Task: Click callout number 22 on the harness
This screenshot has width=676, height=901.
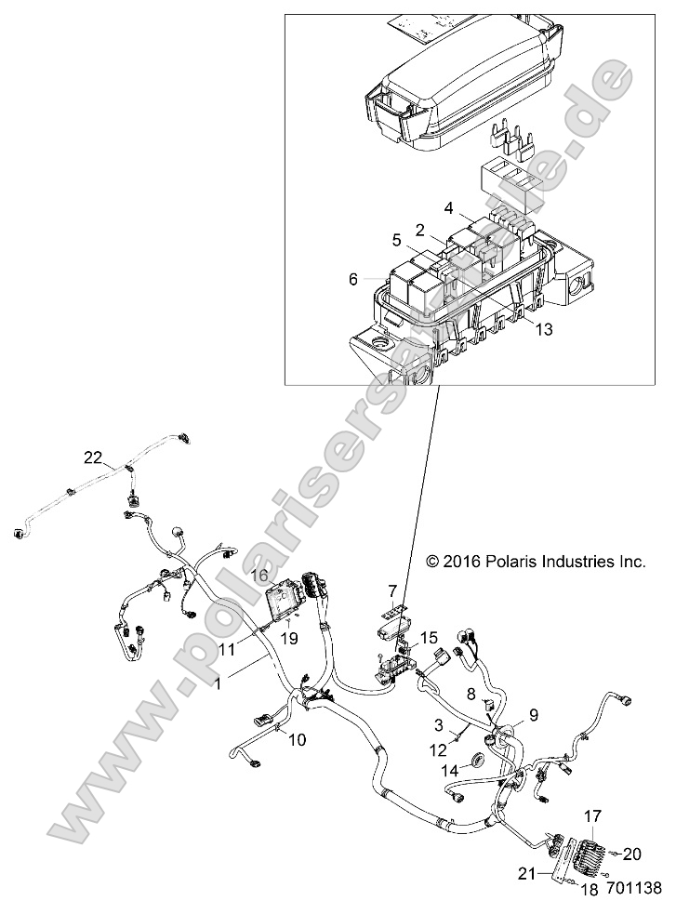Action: coord(92,457)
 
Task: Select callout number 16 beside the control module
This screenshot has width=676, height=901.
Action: coord(259,576)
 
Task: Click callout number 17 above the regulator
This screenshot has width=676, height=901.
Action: coord(592,815)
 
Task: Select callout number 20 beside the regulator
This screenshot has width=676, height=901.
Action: coord(631,854)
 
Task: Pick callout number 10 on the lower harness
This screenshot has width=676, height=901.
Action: coord(296,740)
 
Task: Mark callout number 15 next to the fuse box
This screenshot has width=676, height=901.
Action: coord(428,637)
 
